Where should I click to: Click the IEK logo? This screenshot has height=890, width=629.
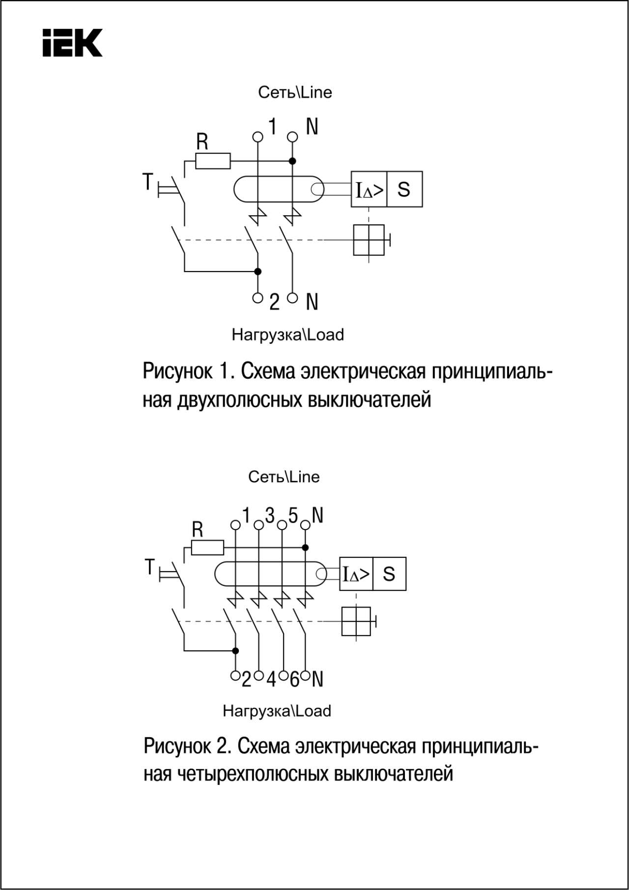click(72, 43)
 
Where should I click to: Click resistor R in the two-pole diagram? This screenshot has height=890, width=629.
click(213, 161)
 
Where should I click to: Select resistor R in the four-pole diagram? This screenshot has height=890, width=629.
click(207, 547)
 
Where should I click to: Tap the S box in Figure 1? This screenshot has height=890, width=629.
click(404, 189)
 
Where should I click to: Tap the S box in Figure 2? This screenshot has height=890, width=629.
click(389, 574)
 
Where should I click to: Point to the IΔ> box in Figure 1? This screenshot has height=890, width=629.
click(369, 189)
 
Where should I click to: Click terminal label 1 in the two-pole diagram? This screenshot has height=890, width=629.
click(272, 127)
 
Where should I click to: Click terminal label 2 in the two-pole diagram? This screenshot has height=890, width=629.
click(274, 302)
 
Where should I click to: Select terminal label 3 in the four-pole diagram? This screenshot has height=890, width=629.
click(270, 516)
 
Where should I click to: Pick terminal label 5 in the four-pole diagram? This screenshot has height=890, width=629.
click(293, 516)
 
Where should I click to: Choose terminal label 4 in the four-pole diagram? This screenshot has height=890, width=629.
click(271, 680)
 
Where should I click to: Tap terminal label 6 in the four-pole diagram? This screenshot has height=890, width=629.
click(294, 680)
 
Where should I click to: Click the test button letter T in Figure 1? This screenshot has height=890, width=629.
click(147, 182)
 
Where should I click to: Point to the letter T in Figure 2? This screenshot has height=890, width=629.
click(150, 567)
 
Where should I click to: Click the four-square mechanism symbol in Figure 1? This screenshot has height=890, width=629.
click(369, 240)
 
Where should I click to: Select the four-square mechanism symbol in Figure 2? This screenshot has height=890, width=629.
click(356, 621)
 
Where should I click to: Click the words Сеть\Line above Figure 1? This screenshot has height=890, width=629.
click(295, 92)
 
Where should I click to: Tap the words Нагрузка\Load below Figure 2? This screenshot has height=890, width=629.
click(277, 711)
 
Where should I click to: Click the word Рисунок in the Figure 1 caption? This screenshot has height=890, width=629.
click(177, 371)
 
